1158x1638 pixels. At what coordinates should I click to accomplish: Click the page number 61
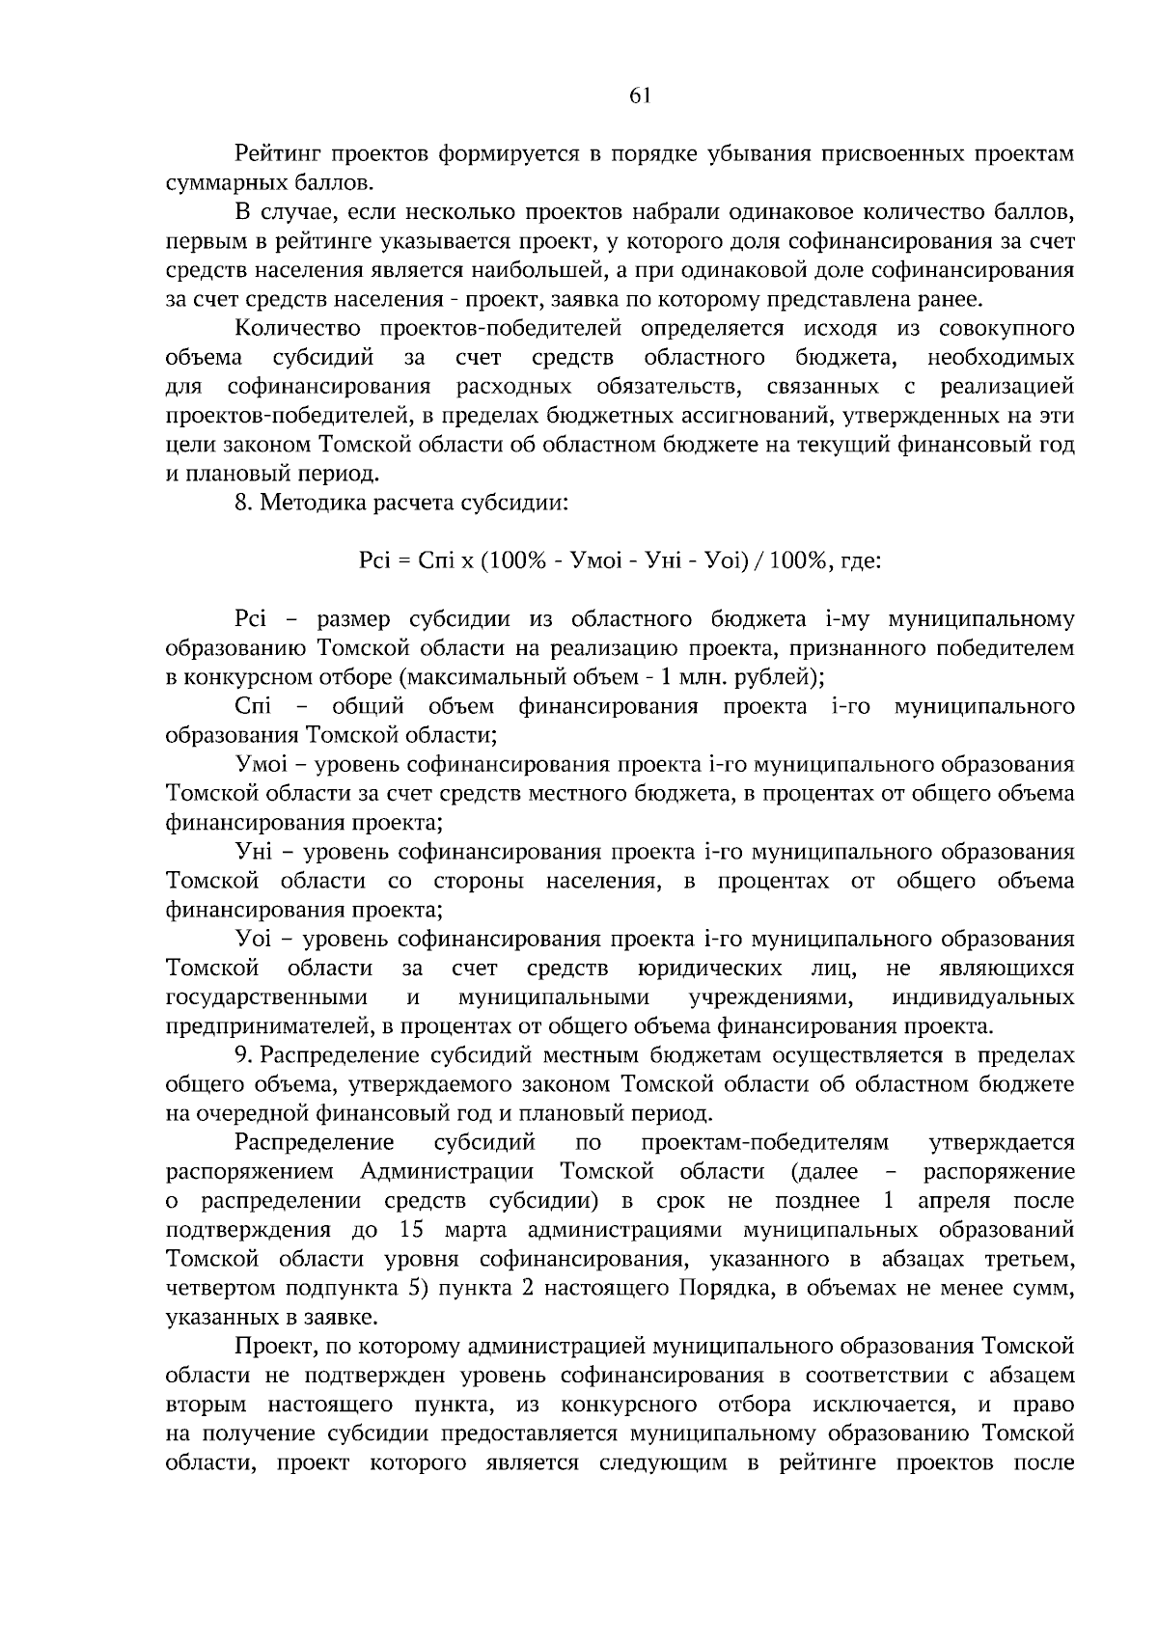pyautogui.click(x=640, y=96)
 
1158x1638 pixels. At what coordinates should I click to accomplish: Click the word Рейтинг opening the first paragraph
pyautogui.click(x=278, y=154)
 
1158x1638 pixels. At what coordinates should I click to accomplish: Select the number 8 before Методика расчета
pyautogui.click(x=241, y=503)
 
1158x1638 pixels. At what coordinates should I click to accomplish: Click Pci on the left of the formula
pyautogui.click(x=372, y=560)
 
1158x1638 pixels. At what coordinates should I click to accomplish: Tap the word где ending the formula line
pyautogui.click(x=861, y=560)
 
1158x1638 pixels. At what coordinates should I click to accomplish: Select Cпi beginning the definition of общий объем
pyautogui.click(x=253, y=707)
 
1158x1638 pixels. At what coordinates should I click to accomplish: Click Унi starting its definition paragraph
pyautogui.click(x=256, y=852)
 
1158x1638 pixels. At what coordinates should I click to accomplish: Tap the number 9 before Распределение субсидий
pyautogui.click(x=241, y=1055)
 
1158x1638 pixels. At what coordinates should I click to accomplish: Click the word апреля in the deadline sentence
pyautogui.click(x=954, y=1201)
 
